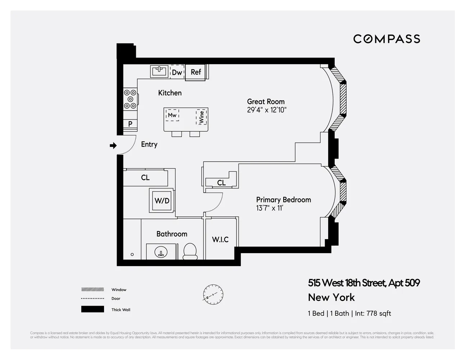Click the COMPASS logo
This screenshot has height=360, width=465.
pos(387,39)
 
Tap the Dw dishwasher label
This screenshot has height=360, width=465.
pos(177,72)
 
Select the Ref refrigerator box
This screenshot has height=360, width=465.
pos(195,72)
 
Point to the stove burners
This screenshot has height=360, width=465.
pos(130,99)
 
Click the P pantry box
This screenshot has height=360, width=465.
pos(130,124)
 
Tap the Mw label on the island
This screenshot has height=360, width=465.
pos(172,115)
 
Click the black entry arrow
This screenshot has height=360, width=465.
pos(113,145)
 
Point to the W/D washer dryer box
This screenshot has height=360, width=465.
pos(162,201)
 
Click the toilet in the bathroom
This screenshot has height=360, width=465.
pos(190,251)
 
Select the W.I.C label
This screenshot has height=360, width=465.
pos(220,239)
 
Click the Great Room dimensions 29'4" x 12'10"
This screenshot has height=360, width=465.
pos(267,110)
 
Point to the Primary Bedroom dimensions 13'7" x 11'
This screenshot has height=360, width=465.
pos(270,208)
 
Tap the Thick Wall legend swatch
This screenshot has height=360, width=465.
pos(92,309)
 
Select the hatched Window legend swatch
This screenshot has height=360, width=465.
pos(92,289)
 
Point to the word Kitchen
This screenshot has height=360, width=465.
pos(170,93)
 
